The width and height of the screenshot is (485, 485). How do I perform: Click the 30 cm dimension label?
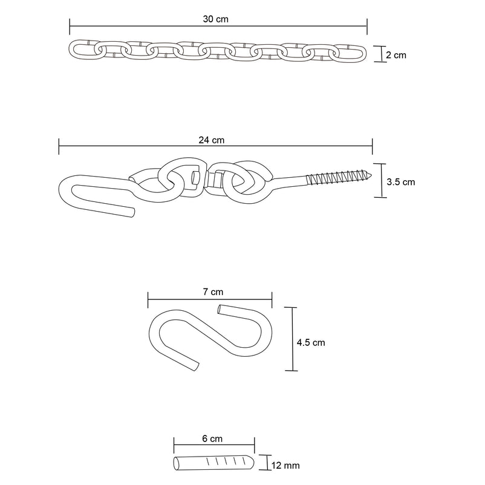coord(216,19)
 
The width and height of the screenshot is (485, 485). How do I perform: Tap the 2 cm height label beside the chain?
coord(396,55)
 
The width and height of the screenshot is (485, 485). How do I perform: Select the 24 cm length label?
coord(212,140)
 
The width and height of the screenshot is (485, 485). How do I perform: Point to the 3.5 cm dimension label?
coord(401,182)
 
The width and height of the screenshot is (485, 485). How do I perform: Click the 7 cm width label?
coord(213,292)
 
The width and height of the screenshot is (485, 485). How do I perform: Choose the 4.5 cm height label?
coord(311,343)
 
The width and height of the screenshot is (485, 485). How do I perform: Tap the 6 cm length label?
coord(212,438)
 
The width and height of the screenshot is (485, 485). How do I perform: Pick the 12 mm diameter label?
coord(285,466)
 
